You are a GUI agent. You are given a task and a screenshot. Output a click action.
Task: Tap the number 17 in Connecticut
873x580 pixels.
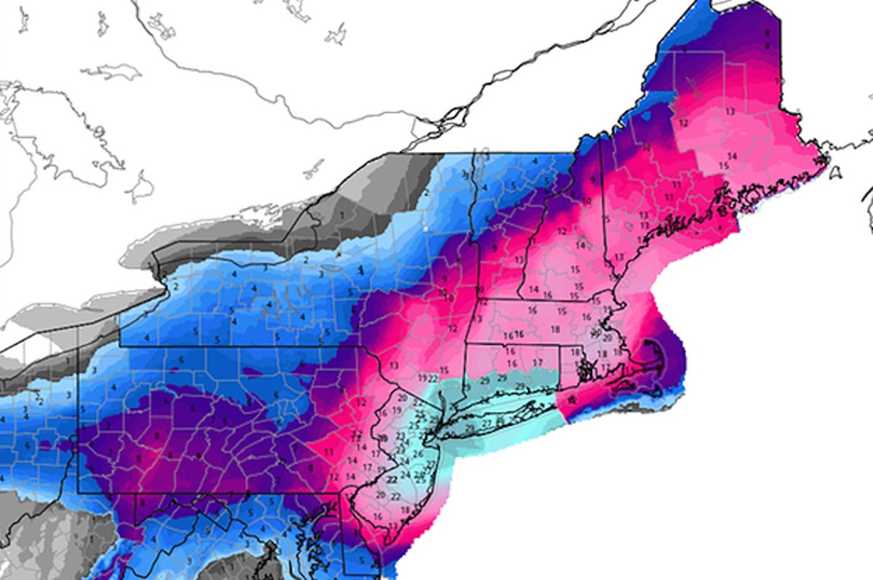point(538,362)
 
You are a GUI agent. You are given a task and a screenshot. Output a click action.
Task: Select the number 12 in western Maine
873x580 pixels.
point(683,123)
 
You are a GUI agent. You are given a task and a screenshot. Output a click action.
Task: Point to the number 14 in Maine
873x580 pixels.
point(732,156)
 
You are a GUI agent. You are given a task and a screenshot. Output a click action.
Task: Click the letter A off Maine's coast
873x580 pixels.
point(836,173)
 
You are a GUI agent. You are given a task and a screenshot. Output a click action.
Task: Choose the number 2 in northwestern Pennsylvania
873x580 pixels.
point(176,287)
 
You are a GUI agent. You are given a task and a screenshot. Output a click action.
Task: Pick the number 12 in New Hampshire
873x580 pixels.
point(562,231)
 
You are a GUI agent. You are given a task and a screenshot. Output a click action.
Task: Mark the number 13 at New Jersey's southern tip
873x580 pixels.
point(394,525)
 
